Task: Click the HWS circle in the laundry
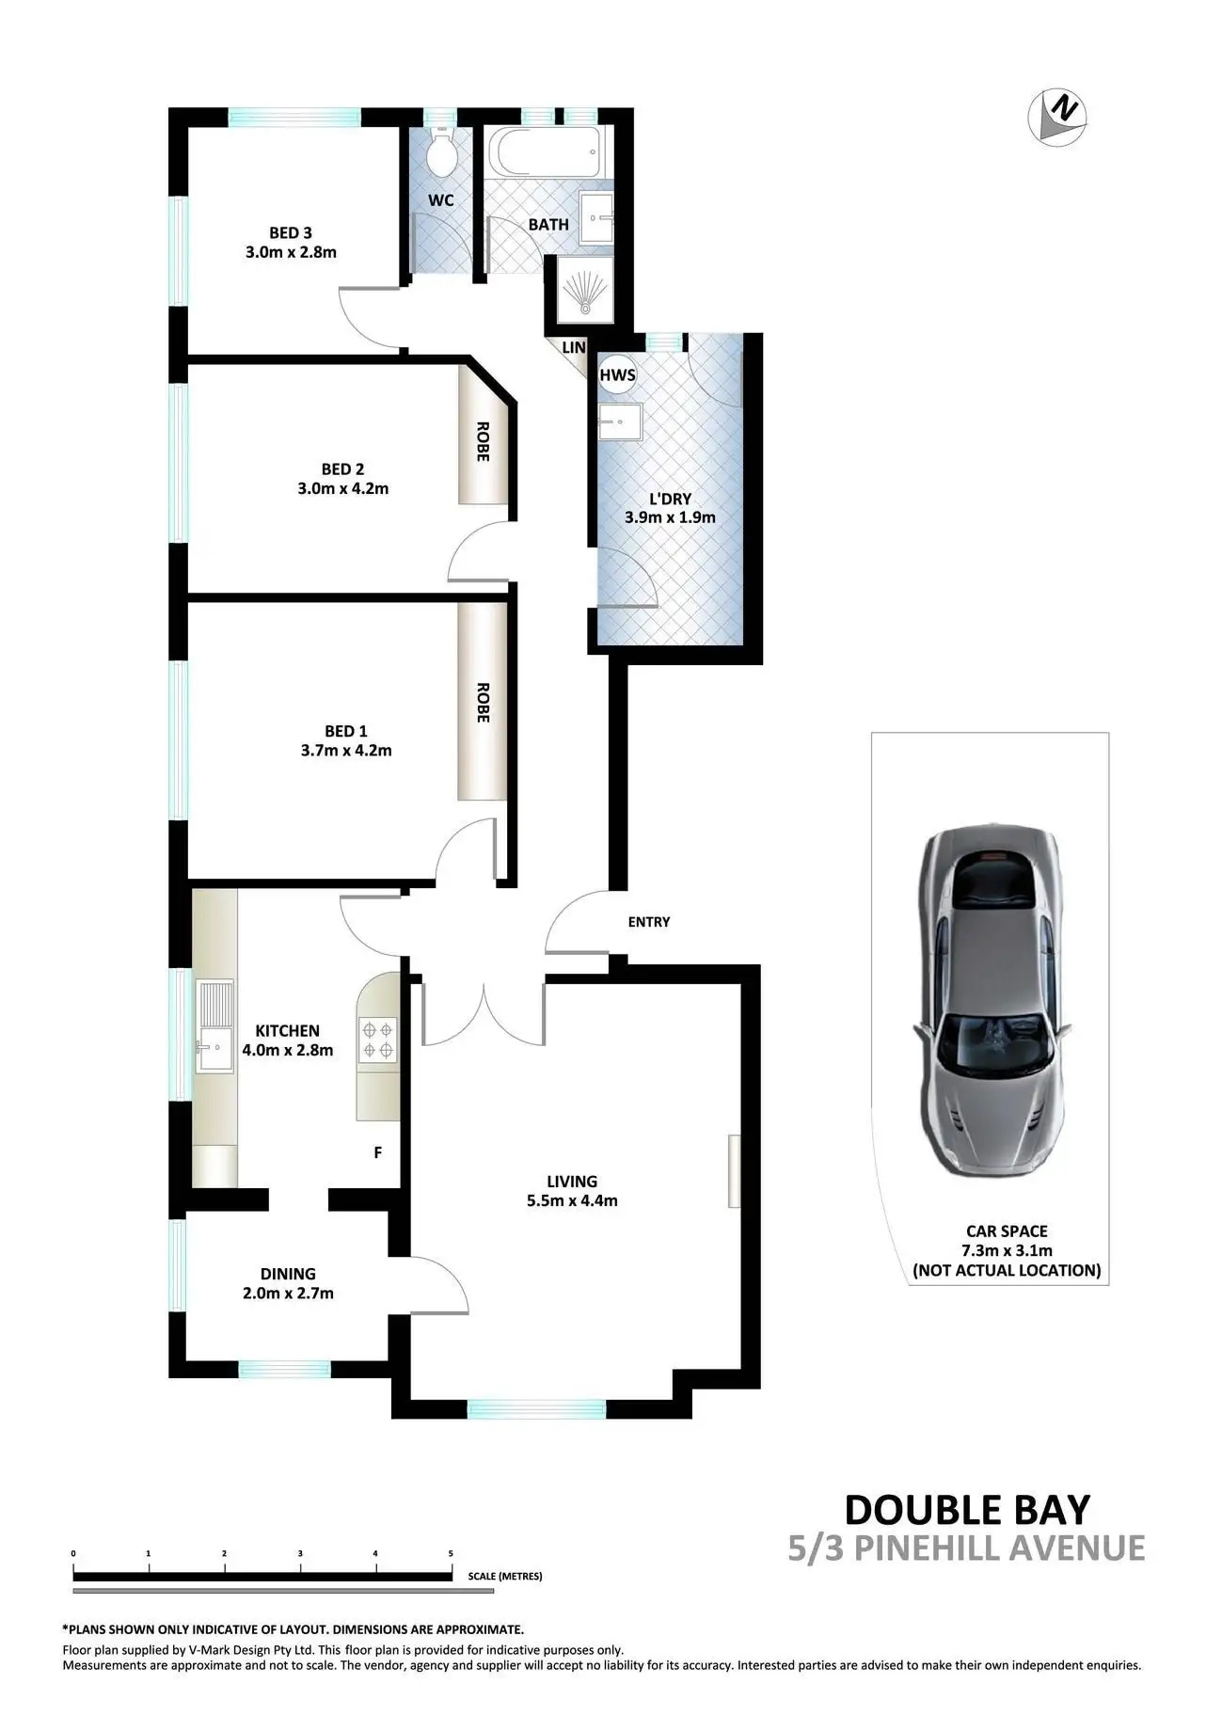tap(617, 374)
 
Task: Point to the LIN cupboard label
tap(573, 348)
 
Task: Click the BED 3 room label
tap(291, 232)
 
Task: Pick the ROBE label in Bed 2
tap(483, 440)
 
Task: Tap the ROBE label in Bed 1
tap(483, 702)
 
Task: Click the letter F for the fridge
tap(378, 1152)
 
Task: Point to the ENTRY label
tap(649, 922)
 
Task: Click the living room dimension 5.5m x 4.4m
tap(572, 1200)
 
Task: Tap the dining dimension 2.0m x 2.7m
tap(288, 1294)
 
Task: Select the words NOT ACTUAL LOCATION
tap(1007, 1270)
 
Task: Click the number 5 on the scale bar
tap(451, 1553)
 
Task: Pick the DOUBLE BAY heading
tap(967, 1509)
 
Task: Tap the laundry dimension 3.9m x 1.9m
tap(670, 517)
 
